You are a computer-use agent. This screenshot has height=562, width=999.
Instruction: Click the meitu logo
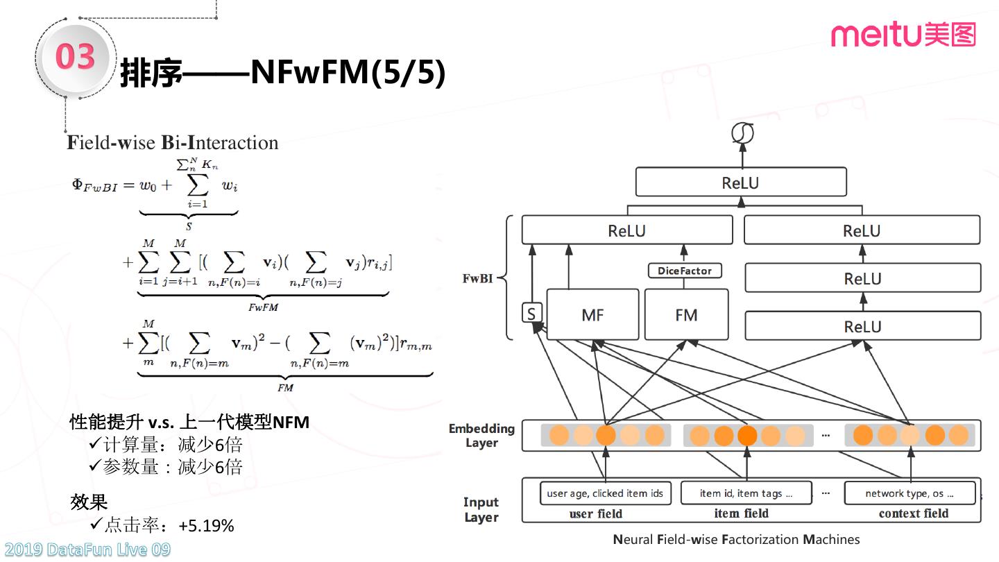point(903,34)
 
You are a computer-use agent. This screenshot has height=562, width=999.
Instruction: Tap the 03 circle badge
point(75,57)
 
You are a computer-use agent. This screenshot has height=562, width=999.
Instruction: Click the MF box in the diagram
point(592,315)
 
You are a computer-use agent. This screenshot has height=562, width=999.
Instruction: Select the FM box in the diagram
point(686,315)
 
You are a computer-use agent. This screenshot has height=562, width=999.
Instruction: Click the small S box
point(531,314)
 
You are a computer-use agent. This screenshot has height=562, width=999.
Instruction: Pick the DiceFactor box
point(684,271)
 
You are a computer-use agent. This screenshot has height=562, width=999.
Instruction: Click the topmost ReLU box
point(740,182)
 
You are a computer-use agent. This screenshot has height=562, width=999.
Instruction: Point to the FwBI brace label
point(479,279)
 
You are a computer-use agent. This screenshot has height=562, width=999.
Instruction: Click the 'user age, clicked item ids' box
point(605,493)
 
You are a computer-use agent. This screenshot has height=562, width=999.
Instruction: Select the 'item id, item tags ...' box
point(746,493)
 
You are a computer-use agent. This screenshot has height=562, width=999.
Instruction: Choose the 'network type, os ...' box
point(910,493)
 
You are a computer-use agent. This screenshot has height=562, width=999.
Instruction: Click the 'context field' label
point(913,513)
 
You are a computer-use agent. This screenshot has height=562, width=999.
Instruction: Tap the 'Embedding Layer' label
point(481,436)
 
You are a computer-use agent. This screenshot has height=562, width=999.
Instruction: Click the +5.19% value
point(206,526)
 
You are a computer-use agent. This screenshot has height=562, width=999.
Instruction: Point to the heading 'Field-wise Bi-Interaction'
point(173,143)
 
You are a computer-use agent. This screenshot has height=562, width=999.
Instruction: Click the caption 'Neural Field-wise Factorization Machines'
point(736,539)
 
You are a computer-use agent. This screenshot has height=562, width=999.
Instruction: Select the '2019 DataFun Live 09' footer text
point(86,550)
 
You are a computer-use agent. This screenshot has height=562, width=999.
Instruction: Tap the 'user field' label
point(595,513)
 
